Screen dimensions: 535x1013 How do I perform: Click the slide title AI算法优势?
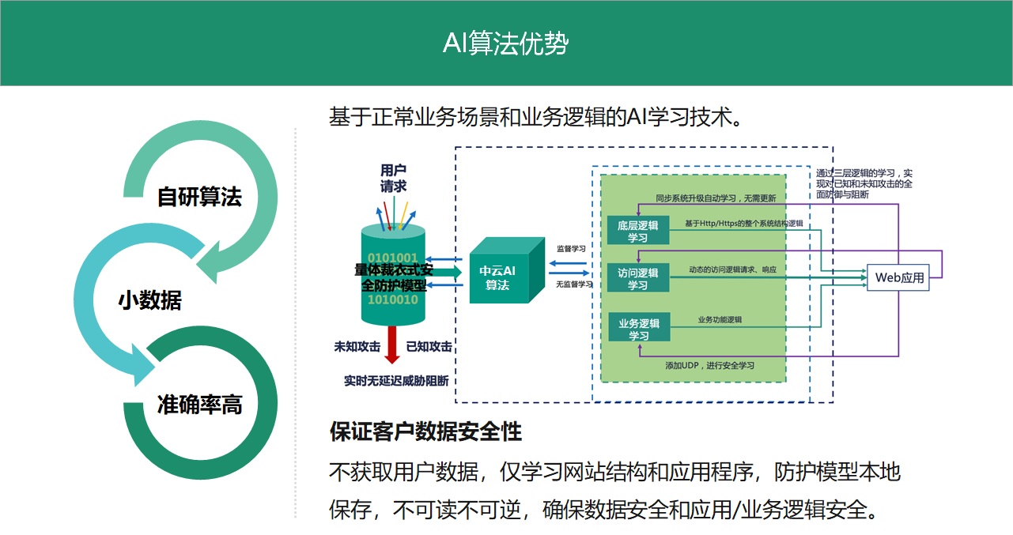coord(505,43)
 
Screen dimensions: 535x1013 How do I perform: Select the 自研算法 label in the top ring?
coord(199,196)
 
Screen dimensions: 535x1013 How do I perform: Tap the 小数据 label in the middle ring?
coord(149,300)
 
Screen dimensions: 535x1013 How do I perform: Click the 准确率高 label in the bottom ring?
coord(199,405)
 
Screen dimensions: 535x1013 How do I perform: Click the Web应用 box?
coord(898,277)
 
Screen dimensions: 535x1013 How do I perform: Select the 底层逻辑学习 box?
coord(637,231)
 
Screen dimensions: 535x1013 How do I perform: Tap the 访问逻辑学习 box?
coord(637,278)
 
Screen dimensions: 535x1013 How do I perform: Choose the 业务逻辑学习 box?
coord(637,328)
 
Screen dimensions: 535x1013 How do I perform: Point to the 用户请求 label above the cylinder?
coord(393,178)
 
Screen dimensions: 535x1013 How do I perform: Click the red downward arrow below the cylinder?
coord(392,345)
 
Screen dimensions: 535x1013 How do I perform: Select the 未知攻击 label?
coord(357,346)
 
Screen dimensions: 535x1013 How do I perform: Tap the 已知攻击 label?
coord(429,346)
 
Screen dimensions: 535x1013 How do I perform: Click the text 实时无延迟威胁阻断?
coord(396,381)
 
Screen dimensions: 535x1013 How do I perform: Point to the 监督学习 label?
coord(571,248)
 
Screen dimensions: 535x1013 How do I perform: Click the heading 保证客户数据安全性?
coord(425,431)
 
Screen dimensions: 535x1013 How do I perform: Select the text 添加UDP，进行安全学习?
coord(709,365)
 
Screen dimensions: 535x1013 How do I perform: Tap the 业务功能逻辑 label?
coord(720,320)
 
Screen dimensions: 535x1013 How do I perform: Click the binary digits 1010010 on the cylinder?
coord(393,300)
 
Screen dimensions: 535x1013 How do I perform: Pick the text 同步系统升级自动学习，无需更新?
coord(715,198)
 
